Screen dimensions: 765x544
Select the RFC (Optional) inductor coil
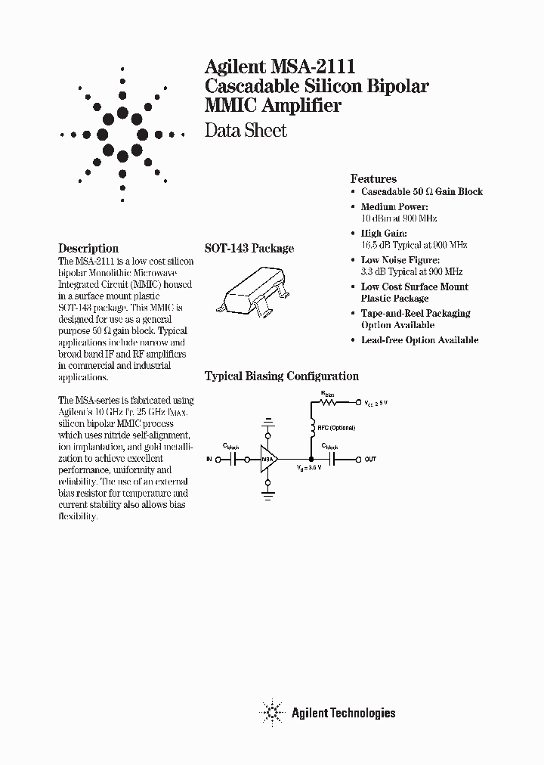(x=311, y=429)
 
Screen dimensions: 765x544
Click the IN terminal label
(x=209, y=459)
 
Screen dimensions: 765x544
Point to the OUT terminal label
(x=370, y=459)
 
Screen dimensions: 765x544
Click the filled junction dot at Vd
(x=311, y=459)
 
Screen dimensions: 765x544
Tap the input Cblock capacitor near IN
(x=235, y=459)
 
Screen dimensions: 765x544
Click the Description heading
(x=88, y=248)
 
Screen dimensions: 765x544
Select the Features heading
(x=373, y=179)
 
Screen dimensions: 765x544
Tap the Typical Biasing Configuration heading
(x=282, y=376)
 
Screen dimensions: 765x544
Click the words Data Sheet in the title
(x=246, y=131)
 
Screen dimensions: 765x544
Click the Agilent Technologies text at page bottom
(x=343, y=712)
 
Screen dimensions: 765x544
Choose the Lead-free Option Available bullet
(x=419, y=340)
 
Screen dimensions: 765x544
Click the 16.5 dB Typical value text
(x=413, y=245)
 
